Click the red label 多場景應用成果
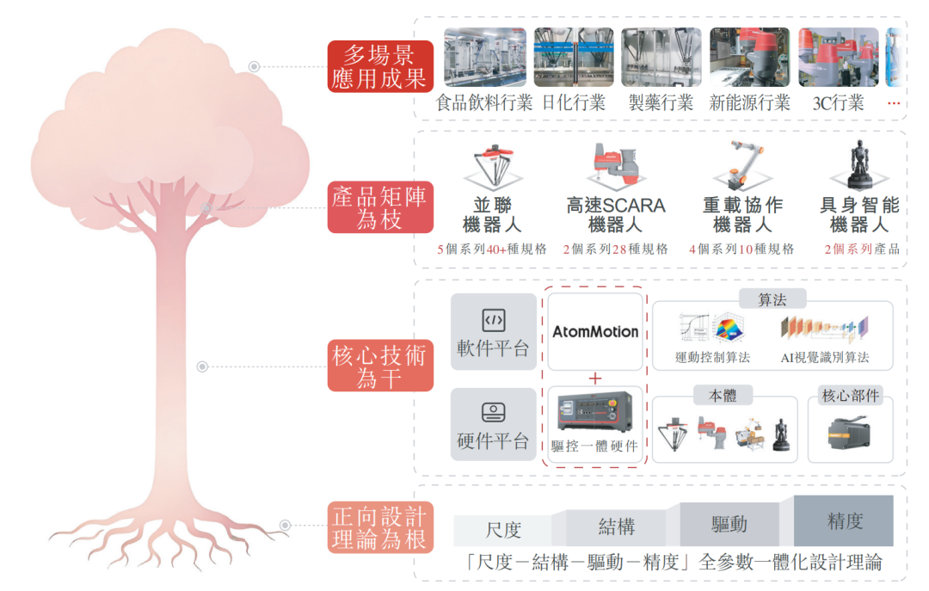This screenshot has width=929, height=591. tap(380, 66)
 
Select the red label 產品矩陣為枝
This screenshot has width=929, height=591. tap(380, 207)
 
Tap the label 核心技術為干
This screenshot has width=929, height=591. tap(380, 366)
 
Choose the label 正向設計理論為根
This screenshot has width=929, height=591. tap(380, 527)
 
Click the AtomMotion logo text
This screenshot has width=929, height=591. tap(595, 331)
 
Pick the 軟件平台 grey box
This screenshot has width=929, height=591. tap(494, 332)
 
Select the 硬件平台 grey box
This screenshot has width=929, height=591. tap(494, 424)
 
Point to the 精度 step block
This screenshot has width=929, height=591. tap(844, 520)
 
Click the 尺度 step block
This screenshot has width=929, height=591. tap(503, 530)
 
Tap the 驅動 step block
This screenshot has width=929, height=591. tap(729, 524)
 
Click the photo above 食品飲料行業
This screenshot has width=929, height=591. tap(485, 57)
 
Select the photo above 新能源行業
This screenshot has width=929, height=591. tap(750, 57)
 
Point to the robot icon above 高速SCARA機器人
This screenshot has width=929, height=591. tap(616, 164)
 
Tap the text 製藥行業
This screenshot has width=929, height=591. tap(661, 103)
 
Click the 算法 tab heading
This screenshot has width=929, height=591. tap(772, 299)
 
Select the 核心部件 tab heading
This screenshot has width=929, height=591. tap(850, 396)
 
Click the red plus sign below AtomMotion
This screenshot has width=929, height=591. tap(595, 379)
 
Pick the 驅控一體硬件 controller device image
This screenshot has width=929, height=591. tap(595, 412)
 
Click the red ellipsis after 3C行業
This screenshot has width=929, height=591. tap(894, 104)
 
